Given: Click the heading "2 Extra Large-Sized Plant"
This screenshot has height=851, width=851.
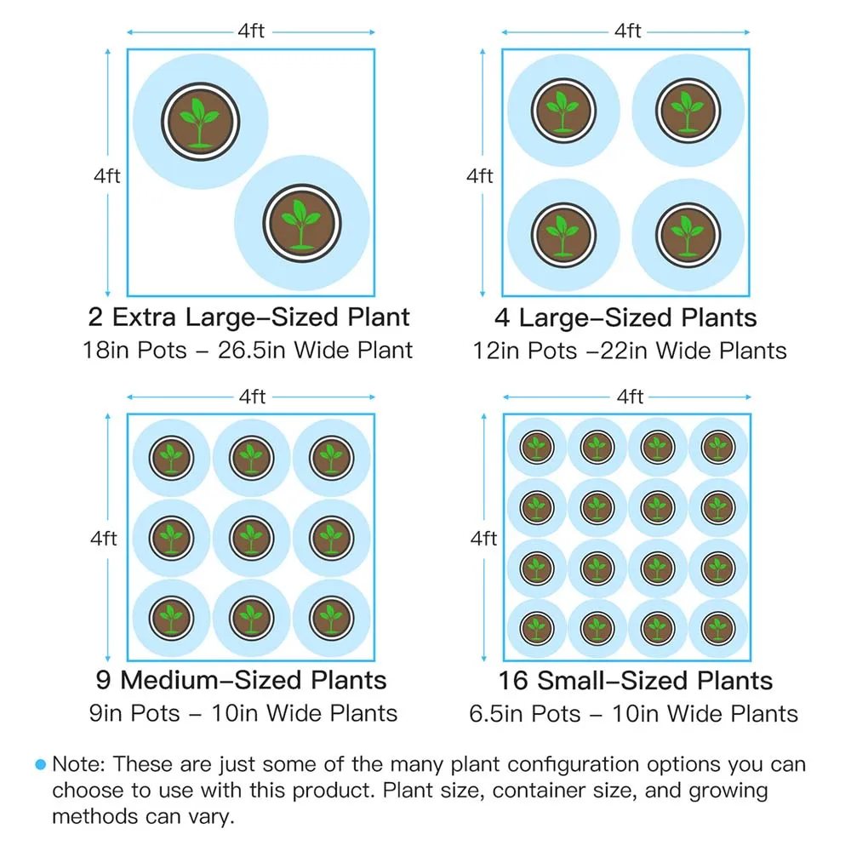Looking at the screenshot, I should pos(248,317).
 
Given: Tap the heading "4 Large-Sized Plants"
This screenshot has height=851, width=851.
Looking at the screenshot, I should pos(625,317).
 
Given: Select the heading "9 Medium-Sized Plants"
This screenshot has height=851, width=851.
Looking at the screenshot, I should pos(241,680).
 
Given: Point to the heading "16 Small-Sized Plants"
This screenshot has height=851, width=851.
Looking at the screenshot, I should pos(636,680).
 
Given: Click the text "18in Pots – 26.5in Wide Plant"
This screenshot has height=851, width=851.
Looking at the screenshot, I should pos(248,350).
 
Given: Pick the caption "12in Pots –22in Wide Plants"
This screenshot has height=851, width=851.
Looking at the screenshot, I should pos(630,350).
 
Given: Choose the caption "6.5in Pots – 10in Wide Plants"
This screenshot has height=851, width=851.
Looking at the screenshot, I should pos(634,712).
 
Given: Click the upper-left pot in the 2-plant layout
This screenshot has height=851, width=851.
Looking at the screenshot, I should pos(199,121).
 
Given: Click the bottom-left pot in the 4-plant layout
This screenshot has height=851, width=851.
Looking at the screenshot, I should pos(561,233).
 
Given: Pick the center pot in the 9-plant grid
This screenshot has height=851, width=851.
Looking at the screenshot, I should pos(251,537).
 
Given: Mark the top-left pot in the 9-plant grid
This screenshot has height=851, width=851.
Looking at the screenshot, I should pos(172,458).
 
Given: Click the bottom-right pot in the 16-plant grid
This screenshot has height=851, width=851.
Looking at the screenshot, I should pos(717,628).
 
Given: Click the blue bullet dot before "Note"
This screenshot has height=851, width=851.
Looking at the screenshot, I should pos(40,765).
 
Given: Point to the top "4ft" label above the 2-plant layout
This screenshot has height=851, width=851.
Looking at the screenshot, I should pos(251,32).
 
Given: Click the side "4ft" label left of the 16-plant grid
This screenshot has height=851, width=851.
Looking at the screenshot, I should pos(483,538).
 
